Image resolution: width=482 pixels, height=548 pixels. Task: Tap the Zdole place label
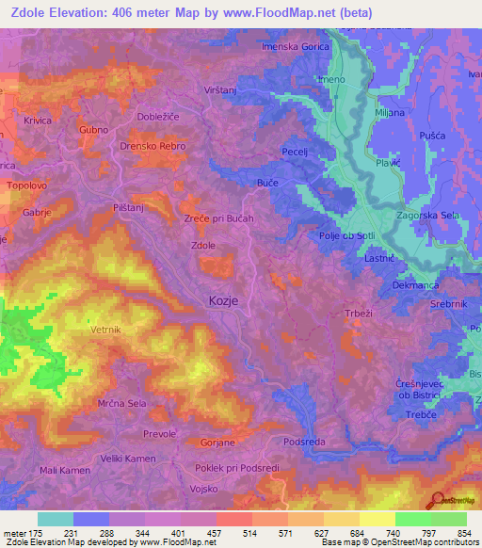tap(204, 246)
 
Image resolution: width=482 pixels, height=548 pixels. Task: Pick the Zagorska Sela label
tap(428, 216)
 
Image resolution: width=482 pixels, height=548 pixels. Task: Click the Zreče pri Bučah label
tap(219, 218)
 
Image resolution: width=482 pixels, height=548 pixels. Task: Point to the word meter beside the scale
tap(13, 534)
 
